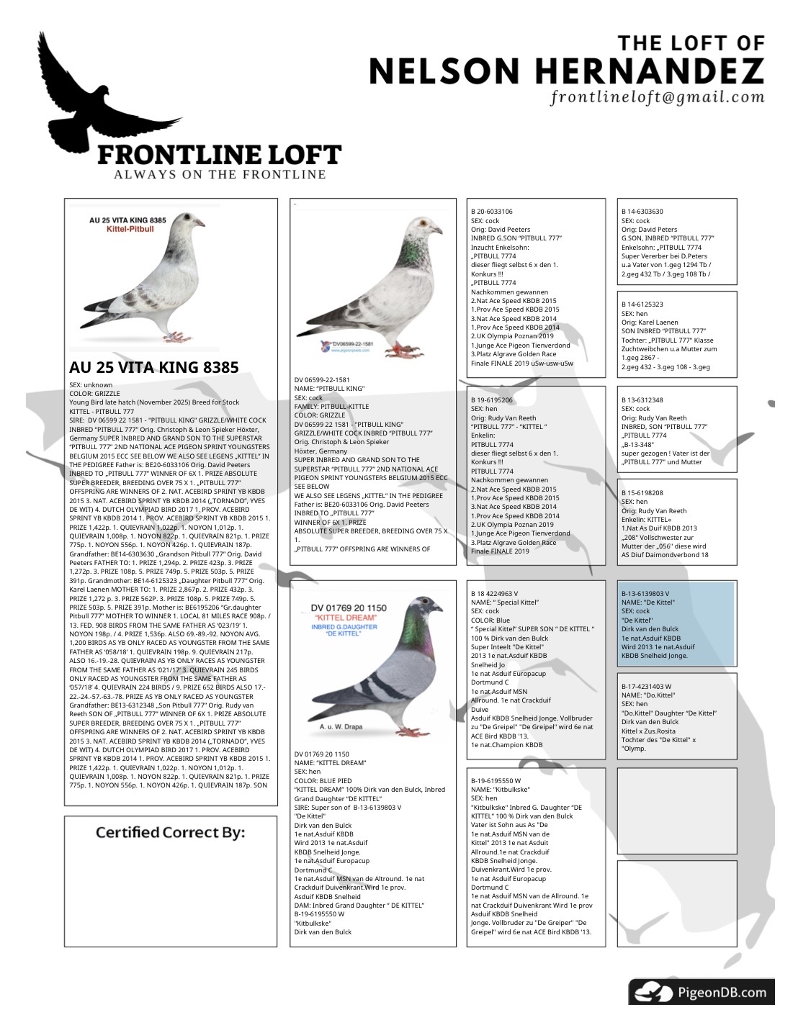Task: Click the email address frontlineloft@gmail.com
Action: coord(657,97)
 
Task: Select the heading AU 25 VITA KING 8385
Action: coord(153,367)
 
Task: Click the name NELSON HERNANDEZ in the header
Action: coord(566,71)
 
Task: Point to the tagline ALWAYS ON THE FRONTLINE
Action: coord(220,174)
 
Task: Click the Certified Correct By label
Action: coord(170,833)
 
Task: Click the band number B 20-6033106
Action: coord(492,212)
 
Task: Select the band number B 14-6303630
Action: coord(642,212)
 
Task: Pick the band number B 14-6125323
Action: coord(642,304)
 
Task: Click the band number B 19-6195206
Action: coord(492,400)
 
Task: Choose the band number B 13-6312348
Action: coord(642,400)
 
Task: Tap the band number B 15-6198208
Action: coord(642,493)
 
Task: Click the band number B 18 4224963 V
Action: coord(495,593)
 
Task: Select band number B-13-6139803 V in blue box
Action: coord(645,593)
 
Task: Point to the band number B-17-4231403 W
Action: coord(646,687)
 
